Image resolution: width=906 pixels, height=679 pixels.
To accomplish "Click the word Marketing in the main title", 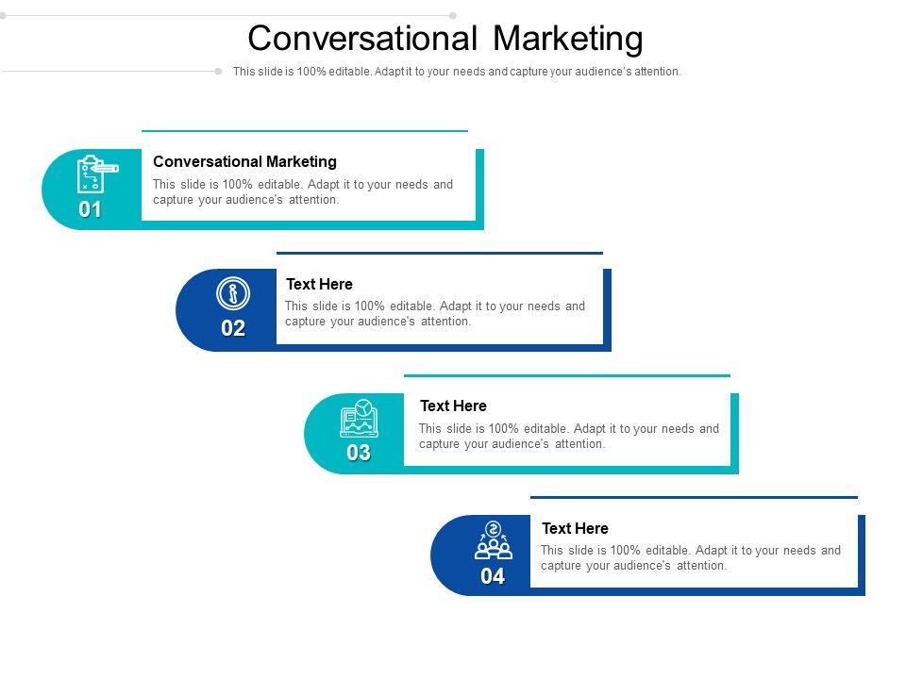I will [x=568, y=39].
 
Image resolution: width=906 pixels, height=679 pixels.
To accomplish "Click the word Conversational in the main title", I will [x=362, y=39].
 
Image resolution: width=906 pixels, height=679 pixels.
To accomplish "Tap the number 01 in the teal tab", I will [x=91, y=210].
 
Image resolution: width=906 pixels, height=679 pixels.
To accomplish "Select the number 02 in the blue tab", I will [x=233, y=329].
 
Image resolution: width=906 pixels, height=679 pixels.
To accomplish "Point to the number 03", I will [x=359, y=453].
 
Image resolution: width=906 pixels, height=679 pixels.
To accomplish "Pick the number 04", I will [x=493, y=576].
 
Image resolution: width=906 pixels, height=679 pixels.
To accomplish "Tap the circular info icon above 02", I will [x=232, y=293].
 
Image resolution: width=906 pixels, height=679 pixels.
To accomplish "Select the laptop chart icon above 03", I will [x=359, y=418].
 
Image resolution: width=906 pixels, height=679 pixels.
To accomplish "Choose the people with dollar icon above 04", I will [x=493, y=539].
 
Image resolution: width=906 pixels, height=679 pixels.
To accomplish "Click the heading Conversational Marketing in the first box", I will [x=244, y=162].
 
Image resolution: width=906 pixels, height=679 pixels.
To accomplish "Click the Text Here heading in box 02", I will [x=319, y=284].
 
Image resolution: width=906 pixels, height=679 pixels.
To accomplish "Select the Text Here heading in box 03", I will [x=453, y=406].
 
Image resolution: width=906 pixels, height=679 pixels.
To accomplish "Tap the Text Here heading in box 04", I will [x=575, y=528].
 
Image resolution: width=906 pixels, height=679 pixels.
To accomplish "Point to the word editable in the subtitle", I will [x=348, y=72].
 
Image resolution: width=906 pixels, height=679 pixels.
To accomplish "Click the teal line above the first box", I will [x=304, y=131].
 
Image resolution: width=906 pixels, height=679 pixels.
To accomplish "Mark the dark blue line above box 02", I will [x=439, y=253].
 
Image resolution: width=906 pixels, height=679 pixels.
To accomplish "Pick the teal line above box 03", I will [x=566, y=375].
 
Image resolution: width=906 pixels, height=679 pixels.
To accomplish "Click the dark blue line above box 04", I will [x=694, y=497].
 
